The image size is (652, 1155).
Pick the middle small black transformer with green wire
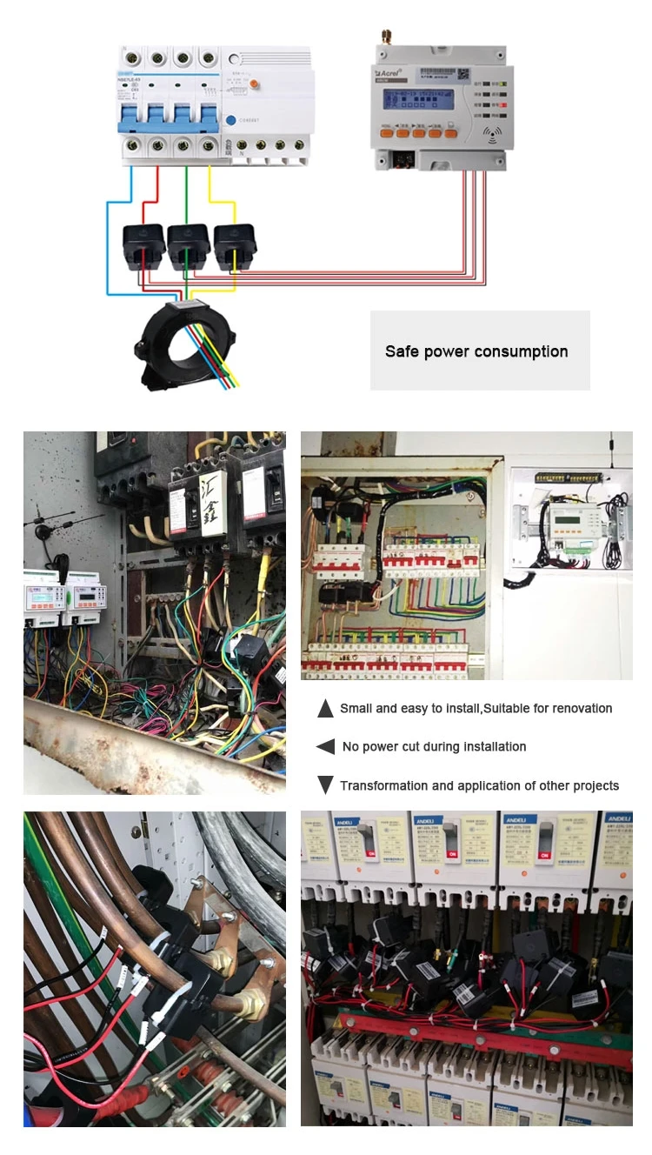tap(189, 244)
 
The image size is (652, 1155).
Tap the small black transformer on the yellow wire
tap(235, 244)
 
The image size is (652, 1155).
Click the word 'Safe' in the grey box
tap(402, 351)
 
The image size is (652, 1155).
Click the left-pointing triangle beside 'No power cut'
tap(325, 746)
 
